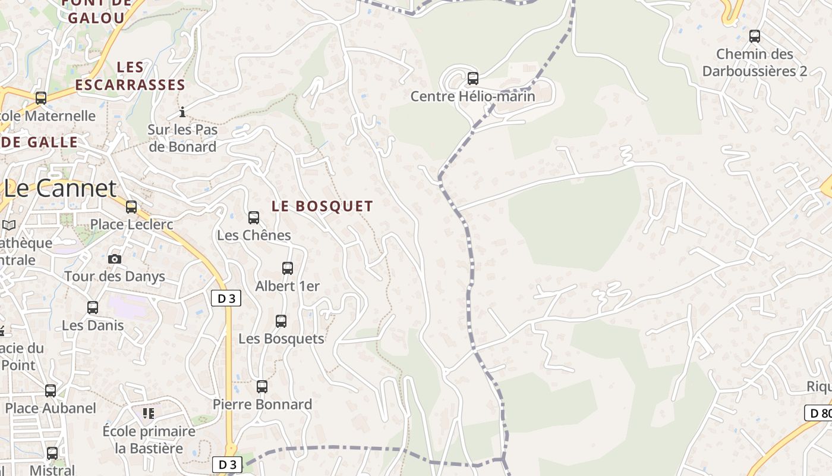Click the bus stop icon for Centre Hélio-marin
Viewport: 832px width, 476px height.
tap(473, 78)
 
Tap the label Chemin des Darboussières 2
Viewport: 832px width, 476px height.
tap(754, 62)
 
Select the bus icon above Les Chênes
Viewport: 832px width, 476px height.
tap(254, 218)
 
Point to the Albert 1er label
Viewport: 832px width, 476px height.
tap(287, 286)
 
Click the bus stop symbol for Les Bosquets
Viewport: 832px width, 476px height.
tap(281, 321)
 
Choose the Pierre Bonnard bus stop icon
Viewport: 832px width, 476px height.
tap(262, 387)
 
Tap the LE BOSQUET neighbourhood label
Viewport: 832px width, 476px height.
tap(323, 206)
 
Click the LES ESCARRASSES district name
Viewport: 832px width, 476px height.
tap(131, 76)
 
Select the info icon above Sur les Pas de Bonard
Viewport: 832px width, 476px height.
tap(182, 112)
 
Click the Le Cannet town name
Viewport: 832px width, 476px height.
tap(60, 188)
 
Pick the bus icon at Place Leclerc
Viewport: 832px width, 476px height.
tap(131, 207)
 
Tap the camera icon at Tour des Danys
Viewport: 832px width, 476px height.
tap(115, 259)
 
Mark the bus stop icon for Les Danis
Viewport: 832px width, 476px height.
tap(93, 308)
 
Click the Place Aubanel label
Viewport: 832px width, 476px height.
tap(51, 408)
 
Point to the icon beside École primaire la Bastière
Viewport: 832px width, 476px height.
tap(148, 413)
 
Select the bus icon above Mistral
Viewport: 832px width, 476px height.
tap(52, 453)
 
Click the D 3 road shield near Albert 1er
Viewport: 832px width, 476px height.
tap(226, 299)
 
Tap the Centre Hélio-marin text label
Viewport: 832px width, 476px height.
tap(473, 96)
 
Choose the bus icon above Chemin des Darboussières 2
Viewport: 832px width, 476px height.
tap(755, 36)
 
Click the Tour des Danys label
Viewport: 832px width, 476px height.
tap(115, 277)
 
